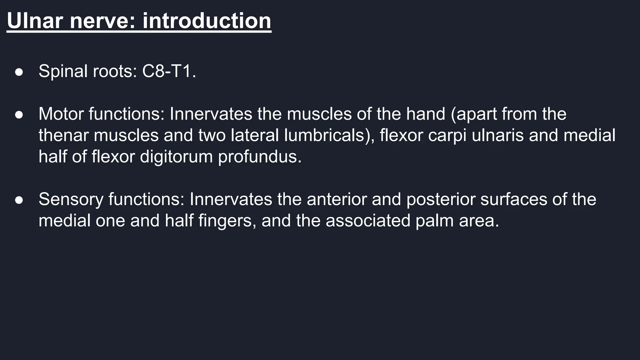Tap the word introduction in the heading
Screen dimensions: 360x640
(x=207, y=21)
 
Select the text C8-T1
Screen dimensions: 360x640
(x=169, y=71)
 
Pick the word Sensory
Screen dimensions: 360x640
(x=71, y=199)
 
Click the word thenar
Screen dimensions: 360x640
(x=63, y=135)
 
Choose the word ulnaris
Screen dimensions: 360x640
(x=498, y=135)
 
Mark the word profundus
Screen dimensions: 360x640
(x=260, y=156)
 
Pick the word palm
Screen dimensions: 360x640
(x=434, y=221)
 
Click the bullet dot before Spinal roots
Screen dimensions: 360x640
(x=19, y=72)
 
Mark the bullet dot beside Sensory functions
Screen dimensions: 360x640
(x=19, y=200)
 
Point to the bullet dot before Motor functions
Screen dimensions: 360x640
(x=19, y=114)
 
